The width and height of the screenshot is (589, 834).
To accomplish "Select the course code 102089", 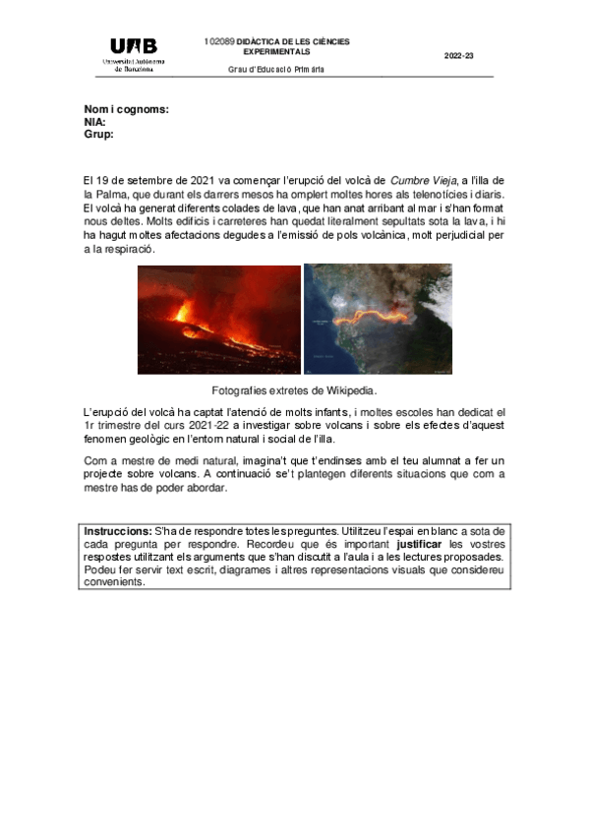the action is click(x=218, y=42).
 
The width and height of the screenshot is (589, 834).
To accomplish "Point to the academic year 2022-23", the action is click(x=458, y=56).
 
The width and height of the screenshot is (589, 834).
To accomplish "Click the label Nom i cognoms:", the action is click(x=126, y=110).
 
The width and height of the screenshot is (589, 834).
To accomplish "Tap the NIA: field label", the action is click(x=95, y=122).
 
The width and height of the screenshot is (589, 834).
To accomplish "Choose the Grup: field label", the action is click(x=99, y=134).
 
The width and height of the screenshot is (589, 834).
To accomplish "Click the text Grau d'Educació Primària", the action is click(x=276, y=70).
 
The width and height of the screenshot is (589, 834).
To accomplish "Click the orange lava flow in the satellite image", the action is click(x=374, y=318).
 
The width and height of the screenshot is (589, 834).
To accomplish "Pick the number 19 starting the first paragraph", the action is click(x=101, y=181).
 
